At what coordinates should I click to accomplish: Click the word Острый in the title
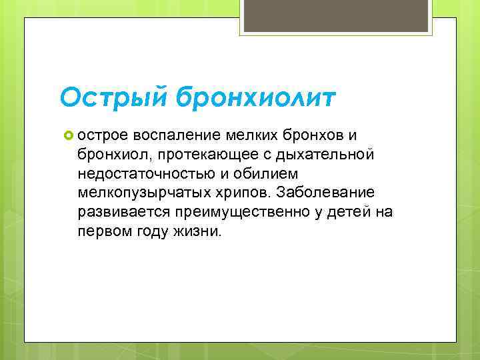click(x=114, y=99)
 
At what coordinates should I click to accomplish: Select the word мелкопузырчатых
click(x=141, y=193)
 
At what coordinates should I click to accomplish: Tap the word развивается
click(x=118, y=213)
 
